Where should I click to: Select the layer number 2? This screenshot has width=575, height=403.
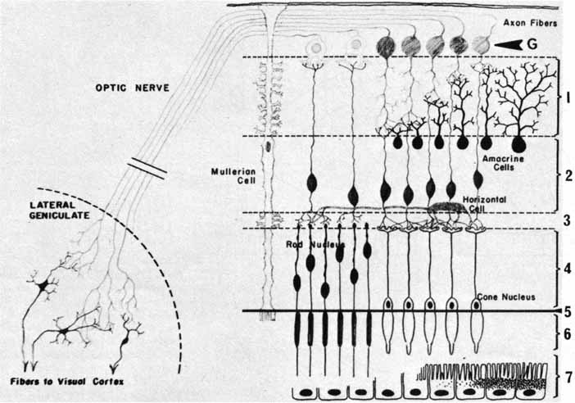pos(566,174)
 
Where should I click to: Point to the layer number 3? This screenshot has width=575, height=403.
pos(566,220)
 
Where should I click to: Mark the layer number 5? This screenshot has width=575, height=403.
pos(566,311)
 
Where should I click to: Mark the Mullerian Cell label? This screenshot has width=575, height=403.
pos(232,175)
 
